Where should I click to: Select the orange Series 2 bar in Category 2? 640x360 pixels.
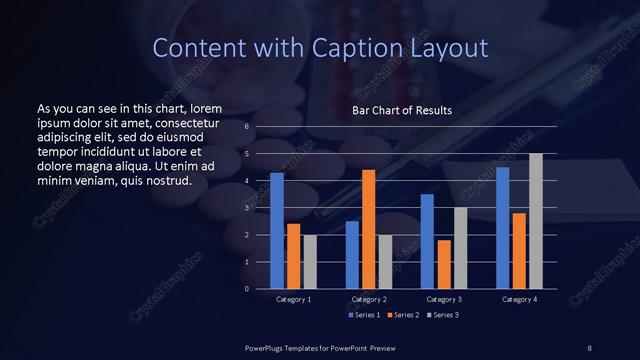(368, 229)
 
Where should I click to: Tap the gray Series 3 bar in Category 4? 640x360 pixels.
(536, 221)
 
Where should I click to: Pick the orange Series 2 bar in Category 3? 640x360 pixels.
(443, 264)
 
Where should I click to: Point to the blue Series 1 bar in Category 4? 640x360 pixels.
(502, 227)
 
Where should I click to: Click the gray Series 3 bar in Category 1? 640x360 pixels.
(310, 262)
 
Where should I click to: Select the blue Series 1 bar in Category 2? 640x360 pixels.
(352, 254)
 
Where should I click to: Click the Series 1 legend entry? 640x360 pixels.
(363, 316)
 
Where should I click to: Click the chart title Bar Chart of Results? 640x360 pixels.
(402, 110)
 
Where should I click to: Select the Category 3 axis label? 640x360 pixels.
(443, 299)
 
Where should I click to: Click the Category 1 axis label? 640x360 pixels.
(293, 299)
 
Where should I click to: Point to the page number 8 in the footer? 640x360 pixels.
(590, 347)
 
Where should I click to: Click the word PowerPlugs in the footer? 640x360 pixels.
(266, 347)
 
